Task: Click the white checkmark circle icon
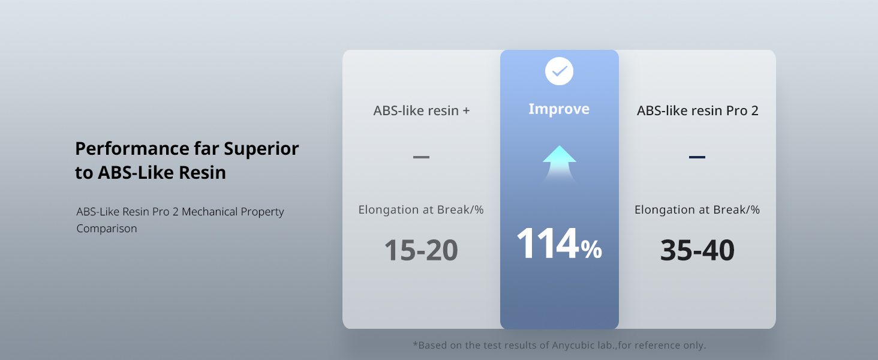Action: point(559,72)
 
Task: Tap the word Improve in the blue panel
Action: point(559,109)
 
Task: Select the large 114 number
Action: point(548,244)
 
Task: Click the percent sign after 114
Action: point(591,250)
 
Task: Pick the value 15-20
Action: point(421,250)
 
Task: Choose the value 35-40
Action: point(697,250)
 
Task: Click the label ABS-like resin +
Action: point(421,111)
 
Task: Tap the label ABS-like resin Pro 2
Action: point(697,111)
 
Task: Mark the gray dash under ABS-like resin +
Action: point(421,157)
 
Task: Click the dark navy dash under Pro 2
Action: point(697,157)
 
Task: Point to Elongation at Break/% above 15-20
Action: point(421,210)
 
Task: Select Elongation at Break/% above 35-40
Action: point(697,210)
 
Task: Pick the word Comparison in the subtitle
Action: point(107,229)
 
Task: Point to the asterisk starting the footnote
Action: point(415,344)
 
